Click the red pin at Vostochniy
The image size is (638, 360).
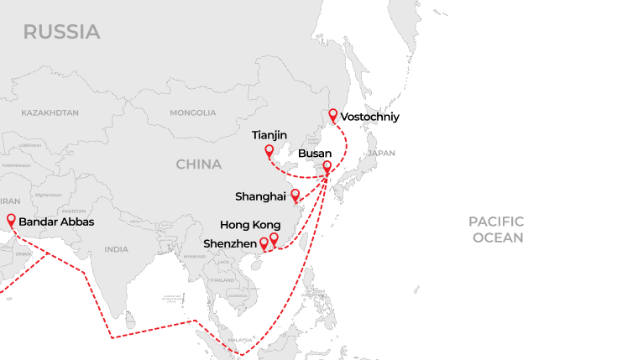tap(333, 115)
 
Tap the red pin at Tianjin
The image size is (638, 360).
tap(269, 151)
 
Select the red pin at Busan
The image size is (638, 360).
tap(327, 166)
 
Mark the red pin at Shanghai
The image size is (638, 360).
tap(295, 196)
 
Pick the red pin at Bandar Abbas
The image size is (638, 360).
tap(11, 221)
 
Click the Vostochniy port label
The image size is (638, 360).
tap(370, 117)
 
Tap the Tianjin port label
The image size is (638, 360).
tap(269, 134)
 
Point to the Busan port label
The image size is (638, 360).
tap(315, 154)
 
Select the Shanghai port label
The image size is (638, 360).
tap(260, 196)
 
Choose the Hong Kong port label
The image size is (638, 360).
tap(250, 225)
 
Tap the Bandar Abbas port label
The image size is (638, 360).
tap(56, 222)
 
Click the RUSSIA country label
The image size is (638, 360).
tap(61, 32)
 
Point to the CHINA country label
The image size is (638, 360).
tap(199, 164)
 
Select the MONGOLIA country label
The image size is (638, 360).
tap(192, 112)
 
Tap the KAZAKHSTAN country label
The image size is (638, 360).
tap(50, 112)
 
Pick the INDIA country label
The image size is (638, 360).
tap(117, 249)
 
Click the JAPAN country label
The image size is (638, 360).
tap(380, 154)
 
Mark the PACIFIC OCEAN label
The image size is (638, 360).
tap(496, 229)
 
